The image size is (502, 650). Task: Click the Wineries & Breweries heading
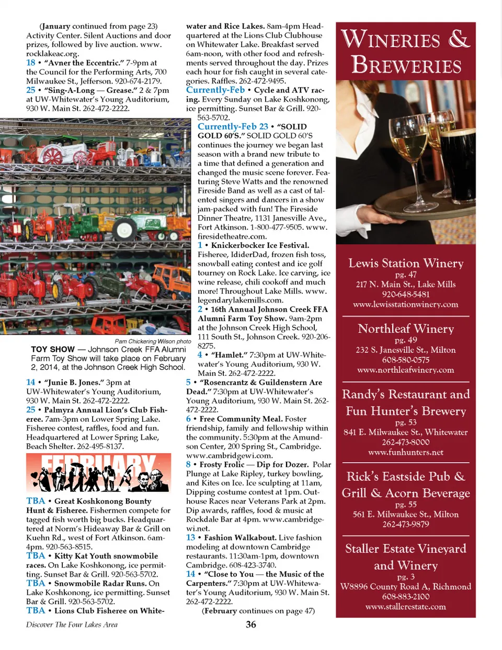point(406,52)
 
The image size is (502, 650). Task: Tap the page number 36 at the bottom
point(251,624)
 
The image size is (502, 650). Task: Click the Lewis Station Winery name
point(406,263)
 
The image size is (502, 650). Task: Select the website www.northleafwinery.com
point(406,370)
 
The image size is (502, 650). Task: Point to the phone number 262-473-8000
point(406,442)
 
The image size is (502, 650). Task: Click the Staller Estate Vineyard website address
point(406,607)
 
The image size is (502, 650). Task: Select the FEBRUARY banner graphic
point(98,472)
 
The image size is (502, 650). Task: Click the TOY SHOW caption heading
point(53,349)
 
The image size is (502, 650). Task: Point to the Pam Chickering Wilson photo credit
point(153,341)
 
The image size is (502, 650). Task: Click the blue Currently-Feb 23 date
point(233,126)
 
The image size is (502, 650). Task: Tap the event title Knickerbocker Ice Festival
point(260,245)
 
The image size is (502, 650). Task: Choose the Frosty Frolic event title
point(222,464)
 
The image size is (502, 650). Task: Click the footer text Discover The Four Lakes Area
point(72,624)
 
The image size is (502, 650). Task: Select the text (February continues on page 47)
point(258,611)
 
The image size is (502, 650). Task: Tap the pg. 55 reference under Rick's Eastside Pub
point(406,504)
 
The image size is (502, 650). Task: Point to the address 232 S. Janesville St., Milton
point(406,350)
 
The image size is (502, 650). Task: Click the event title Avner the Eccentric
point(84,63)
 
